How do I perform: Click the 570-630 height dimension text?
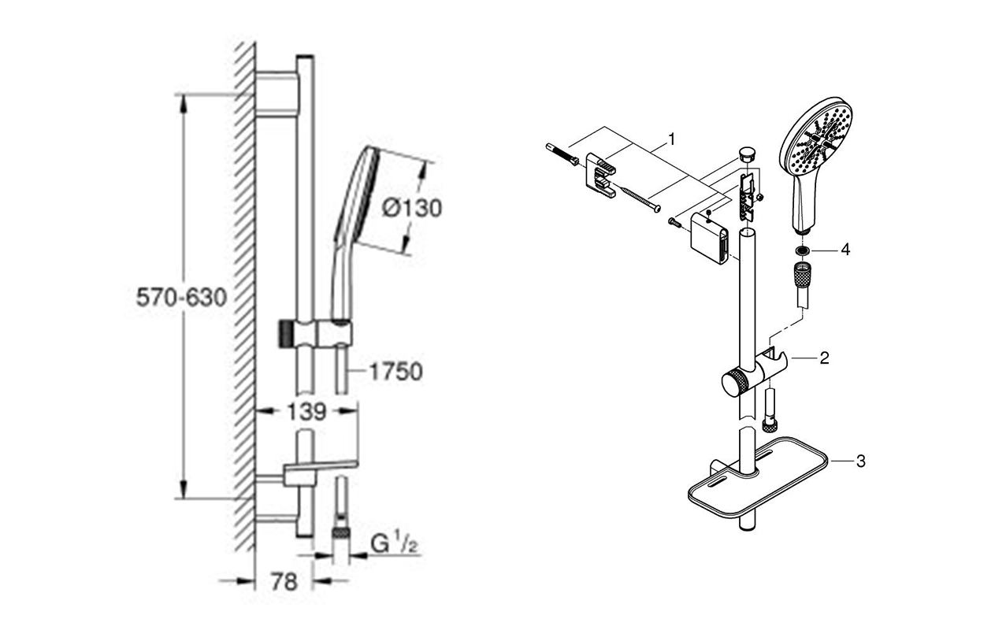point(181,297)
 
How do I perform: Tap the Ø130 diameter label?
point(412,209)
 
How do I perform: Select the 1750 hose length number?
point(395,372)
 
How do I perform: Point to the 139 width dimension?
point(306,412)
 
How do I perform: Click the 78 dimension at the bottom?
point(284,582)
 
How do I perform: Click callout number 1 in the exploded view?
point(671,139)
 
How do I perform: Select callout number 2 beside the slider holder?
point(824,358)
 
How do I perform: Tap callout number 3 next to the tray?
point(860,461)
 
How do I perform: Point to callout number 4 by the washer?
point(845,249)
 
